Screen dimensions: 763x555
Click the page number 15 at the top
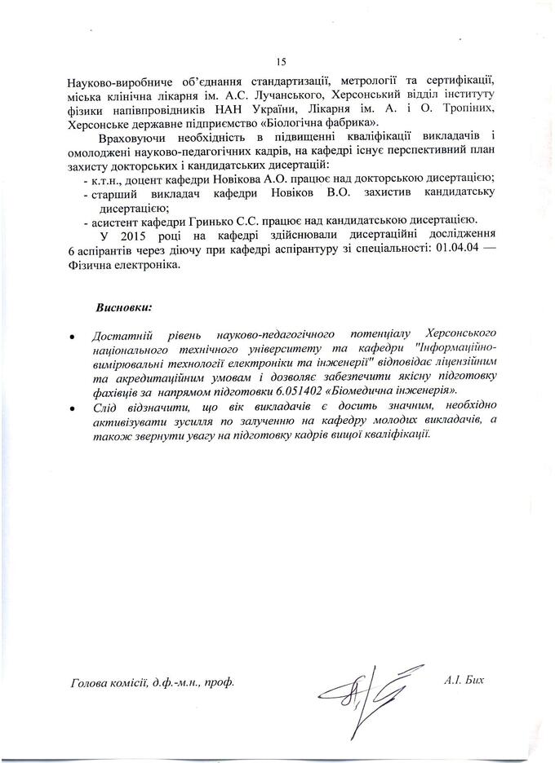point(282,62)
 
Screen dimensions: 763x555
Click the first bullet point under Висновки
point(74,336)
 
